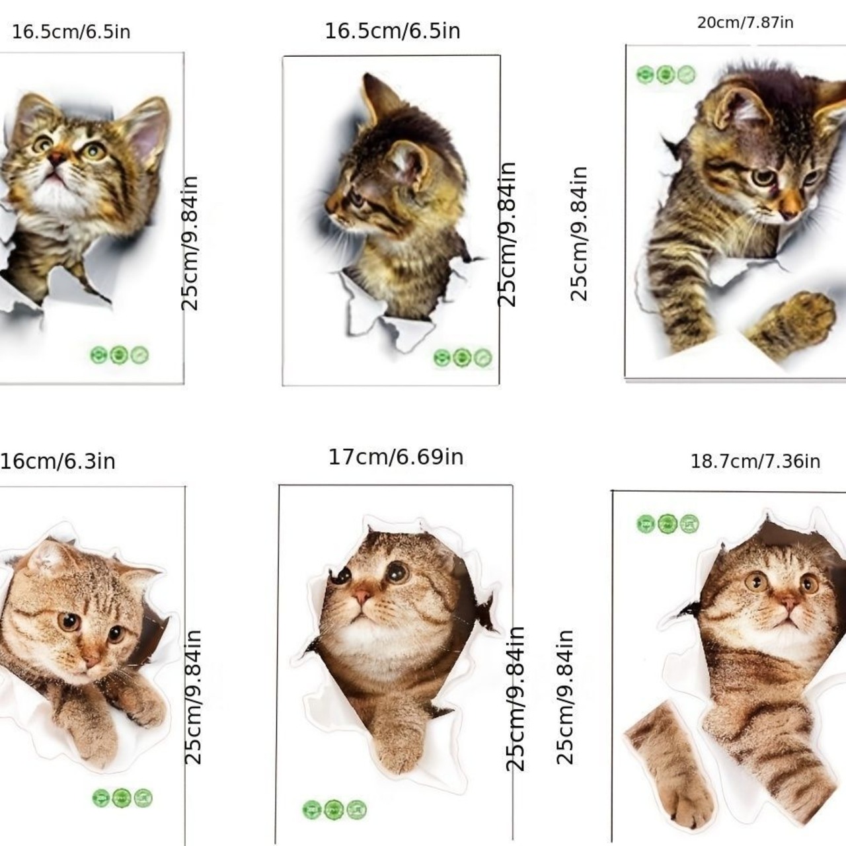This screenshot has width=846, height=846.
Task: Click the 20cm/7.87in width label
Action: click(x=745, y=22)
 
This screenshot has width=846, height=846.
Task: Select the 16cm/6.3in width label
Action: click(x=58, y=461)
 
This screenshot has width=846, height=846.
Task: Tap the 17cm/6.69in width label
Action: click(x=396, y=457)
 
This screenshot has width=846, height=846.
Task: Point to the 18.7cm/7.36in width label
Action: click(x=755, y=461)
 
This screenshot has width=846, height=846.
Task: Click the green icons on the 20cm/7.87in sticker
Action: click(x=666, y=75)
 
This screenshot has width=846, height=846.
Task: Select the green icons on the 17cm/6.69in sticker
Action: click(x=334, y=809)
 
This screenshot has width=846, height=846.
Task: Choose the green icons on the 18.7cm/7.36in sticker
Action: click(x=668, y=523)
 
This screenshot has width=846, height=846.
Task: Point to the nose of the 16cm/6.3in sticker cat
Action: click(x=92, y=660)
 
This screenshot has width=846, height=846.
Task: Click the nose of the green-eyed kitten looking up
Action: click(x=56, y=159)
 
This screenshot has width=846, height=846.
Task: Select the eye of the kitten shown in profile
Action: click(x=356, y=200)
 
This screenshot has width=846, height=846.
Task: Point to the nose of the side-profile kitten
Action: click(x=330, y=206)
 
